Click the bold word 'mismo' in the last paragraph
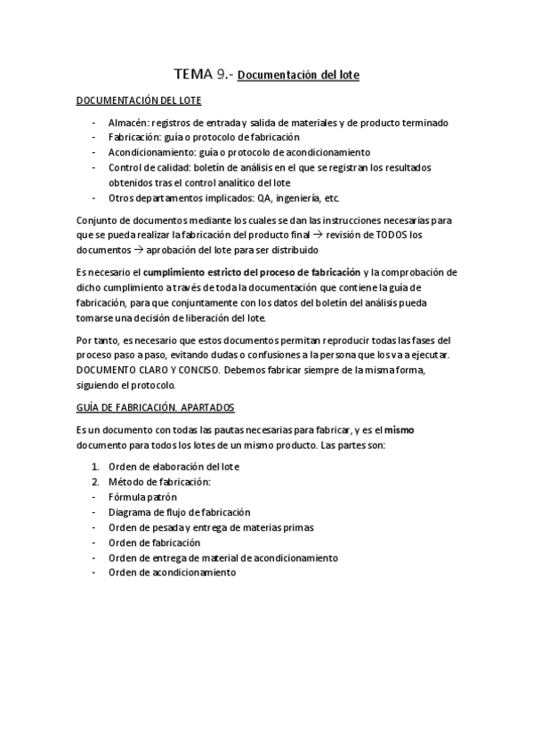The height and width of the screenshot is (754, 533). point(399,429)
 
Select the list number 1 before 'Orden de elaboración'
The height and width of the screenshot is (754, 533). point(95,467)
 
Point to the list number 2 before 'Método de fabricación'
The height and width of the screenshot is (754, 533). point(95,482)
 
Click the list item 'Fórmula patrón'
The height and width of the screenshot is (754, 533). point(143,497)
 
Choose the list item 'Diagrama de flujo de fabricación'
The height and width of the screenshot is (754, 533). point(179,512)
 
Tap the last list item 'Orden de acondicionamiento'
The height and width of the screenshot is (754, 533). point(172,573)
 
